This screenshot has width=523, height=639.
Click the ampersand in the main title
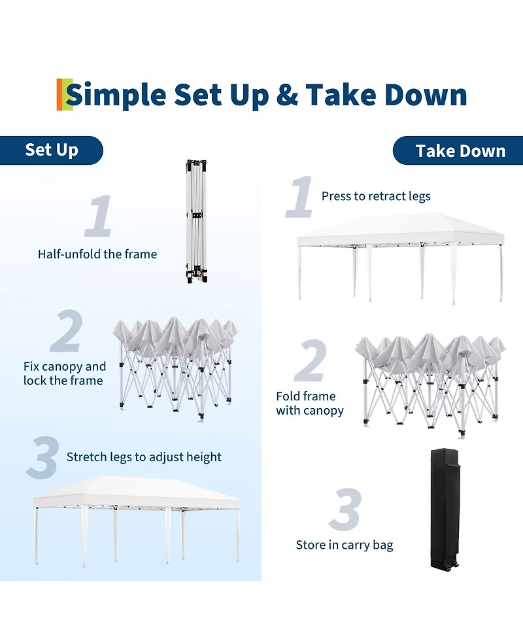(x=287, y=95)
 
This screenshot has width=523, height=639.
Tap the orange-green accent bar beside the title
(x=64, y=95)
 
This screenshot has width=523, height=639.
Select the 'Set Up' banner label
(x=52, y=150)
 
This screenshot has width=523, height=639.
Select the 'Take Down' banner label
(x=461, y=151)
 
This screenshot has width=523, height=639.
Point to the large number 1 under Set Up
(x=99, y=216)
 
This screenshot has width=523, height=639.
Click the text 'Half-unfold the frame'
(x=97, y=254)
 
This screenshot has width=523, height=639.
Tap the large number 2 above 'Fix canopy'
(x=67, y=330)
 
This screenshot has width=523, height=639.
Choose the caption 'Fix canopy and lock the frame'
(x=64, y=373)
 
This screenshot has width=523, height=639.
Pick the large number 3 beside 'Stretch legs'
(x=42, y=457)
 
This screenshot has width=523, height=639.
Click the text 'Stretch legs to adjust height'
(x=144, y=457)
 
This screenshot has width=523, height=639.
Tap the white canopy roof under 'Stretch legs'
(x=137, y=491)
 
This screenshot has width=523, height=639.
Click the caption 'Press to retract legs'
(x=376, y=196)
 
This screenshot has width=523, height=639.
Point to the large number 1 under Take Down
(x=300, y=196)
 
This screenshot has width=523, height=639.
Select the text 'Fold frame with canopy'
(x=310, y=403)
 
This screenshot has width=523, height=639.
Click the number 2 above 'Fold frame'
(x=311, y=360)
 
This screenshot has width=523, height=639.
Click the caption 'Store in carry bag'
(x=345, y=545)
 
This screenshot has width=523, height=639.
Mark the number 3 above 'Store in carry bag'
(x=345, y=509)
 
